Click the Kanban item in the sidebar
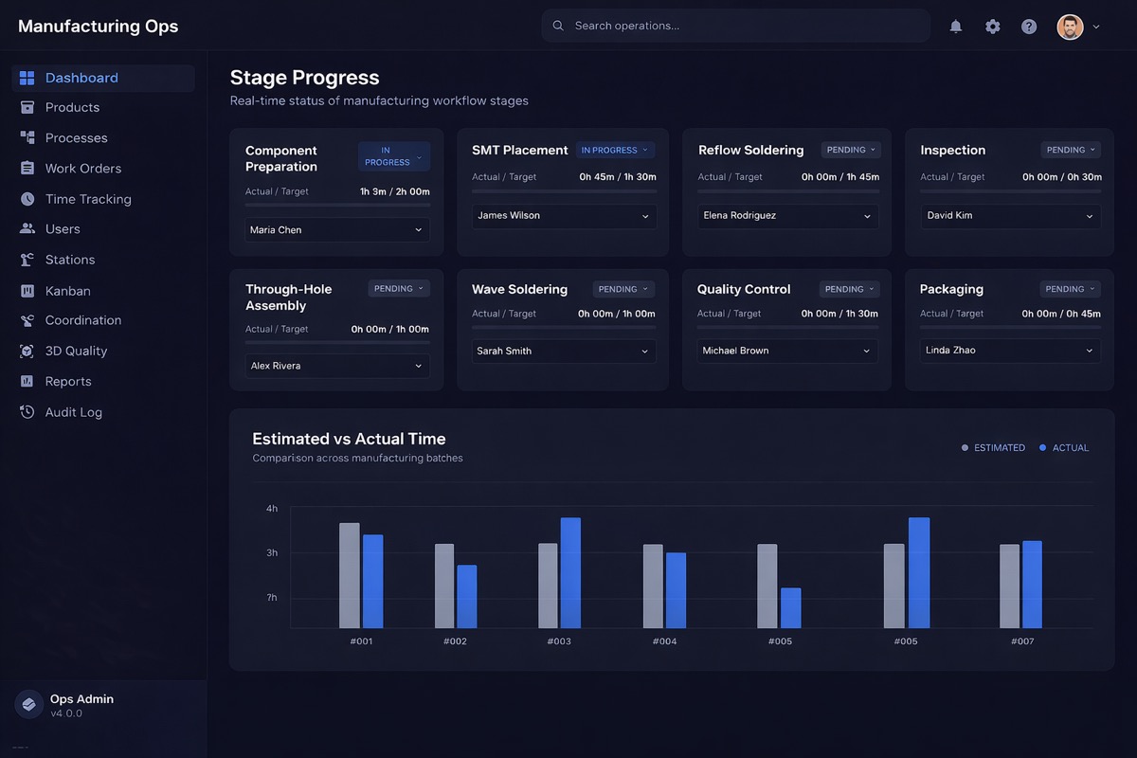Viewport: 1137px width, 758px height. click(x=67, y=291)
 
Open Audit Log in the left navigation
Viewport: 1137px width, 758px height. click(x=73, y=412)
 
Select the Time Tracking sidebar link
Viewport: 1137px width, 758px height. click(x=87, y=199)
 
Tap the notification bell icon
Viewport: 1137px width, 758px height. click(x=956, y=27)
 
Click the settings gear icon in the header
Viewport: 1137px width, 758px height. click(x=992, y=27)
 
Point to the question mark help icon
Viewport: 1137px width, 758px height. click(x=1029, y=27)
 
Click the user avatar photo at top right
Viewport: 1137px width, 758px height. click(x=1070, y=27)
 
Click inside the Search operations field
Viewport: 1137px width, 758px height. click(x=739, y=26)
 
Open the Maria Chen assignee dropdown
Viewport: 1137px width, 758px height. click(x=336, y=230)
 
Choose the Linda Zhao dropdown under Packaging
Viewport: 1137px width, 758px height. click(x=1010, y=351)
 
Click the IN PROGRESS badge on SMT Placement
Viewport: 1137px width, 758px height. click(x=615, y=150)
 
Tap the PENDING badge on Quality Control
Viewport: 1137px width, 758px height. click(x=850, y=289)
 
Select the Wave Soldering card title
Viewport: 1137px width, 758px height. click(x=519, y=289)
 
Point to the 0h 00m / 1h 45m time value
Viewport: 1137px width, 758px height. click(x=839, y=177)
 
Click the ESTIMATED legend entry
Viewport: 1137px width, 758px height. click(x=994, y=447)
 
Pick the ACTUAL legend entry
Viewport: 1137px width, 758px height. click(x=1065, y=447)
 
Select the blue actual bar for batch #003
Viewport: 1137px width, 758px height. click(x=570, y=572)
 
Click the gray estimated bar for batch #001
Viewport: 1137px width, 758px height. click(x=350, y=575)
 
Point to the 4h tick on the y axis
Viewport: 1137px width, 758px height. click(x=272, y=509)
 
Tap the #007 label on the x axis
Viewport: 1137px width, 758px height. click(x=1021, y=641)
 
